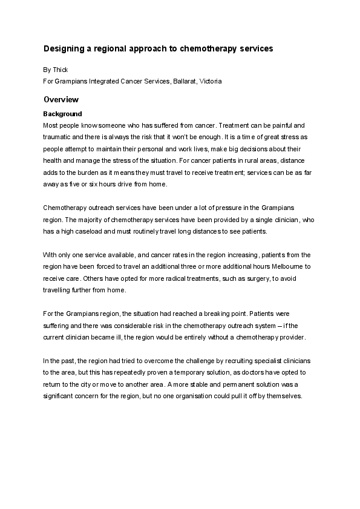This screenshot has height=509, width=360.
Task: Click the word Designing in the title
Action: point(62,48)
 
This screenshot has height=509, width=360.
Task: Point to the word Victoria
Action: point(210,81)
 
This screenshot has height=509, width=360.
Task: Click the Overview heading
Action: point(61,99)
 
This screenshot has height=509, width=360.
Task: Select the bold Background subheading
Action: point(62,114)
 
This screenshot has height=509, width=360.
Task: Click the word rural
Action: point(249,162)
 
